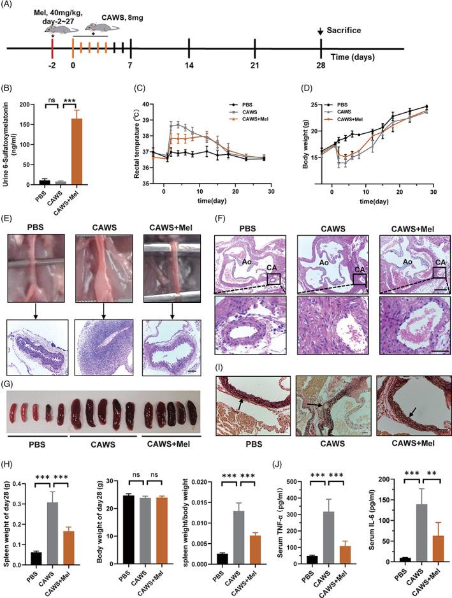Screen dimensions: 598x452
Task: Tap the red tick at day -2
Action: point(52,48)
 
